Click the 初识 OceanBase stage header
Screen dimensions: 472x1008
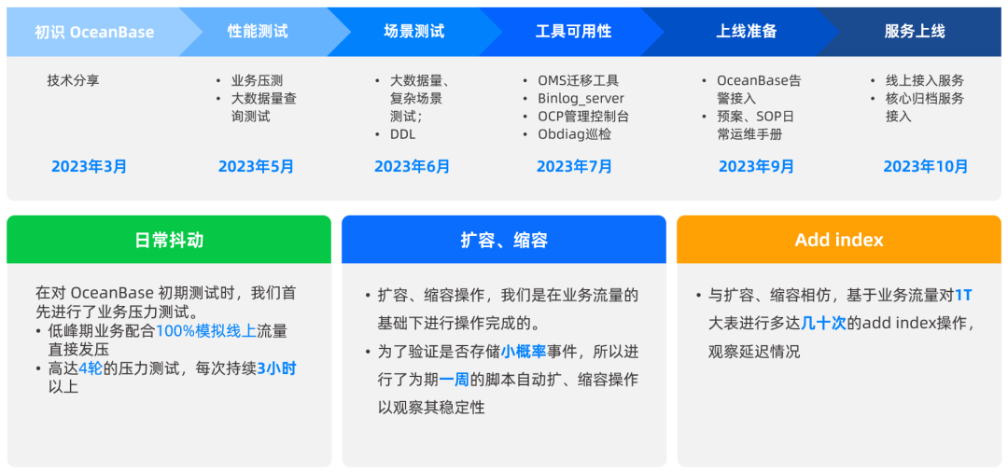point(94,32)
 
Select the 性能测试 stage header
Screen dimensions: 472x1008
point(258,32)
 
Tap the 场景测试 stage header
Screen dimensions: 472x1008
point(413,32)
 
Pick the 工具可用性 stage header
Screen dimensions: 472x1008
point(573,32)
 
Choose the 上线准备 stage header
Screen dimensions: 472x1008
point(746,32)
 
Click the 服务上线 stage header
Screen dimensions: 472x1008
point(914,32)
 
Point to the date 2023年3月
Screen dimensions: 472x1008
point(90,167)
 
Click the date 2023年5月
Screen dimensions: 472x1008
point(256,167)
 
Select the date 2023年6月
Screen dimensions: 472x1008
point(412,167)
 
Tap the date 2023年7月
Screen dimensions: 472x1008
point(574,167)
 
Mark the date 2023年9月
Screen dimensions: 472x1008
point(756,167)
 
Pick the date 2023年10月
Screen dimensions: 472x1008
point(925,167)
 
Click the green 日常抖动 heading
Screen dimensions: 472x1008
point(169,240)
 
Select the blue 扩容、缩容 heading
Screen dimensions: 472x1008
point(504,240)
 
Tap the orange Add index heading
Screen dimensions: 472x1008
point(839,240)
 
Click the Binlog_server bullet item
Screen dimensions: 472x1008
point(581,99)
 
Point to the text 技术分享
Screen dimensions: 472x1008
point(73,81)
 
